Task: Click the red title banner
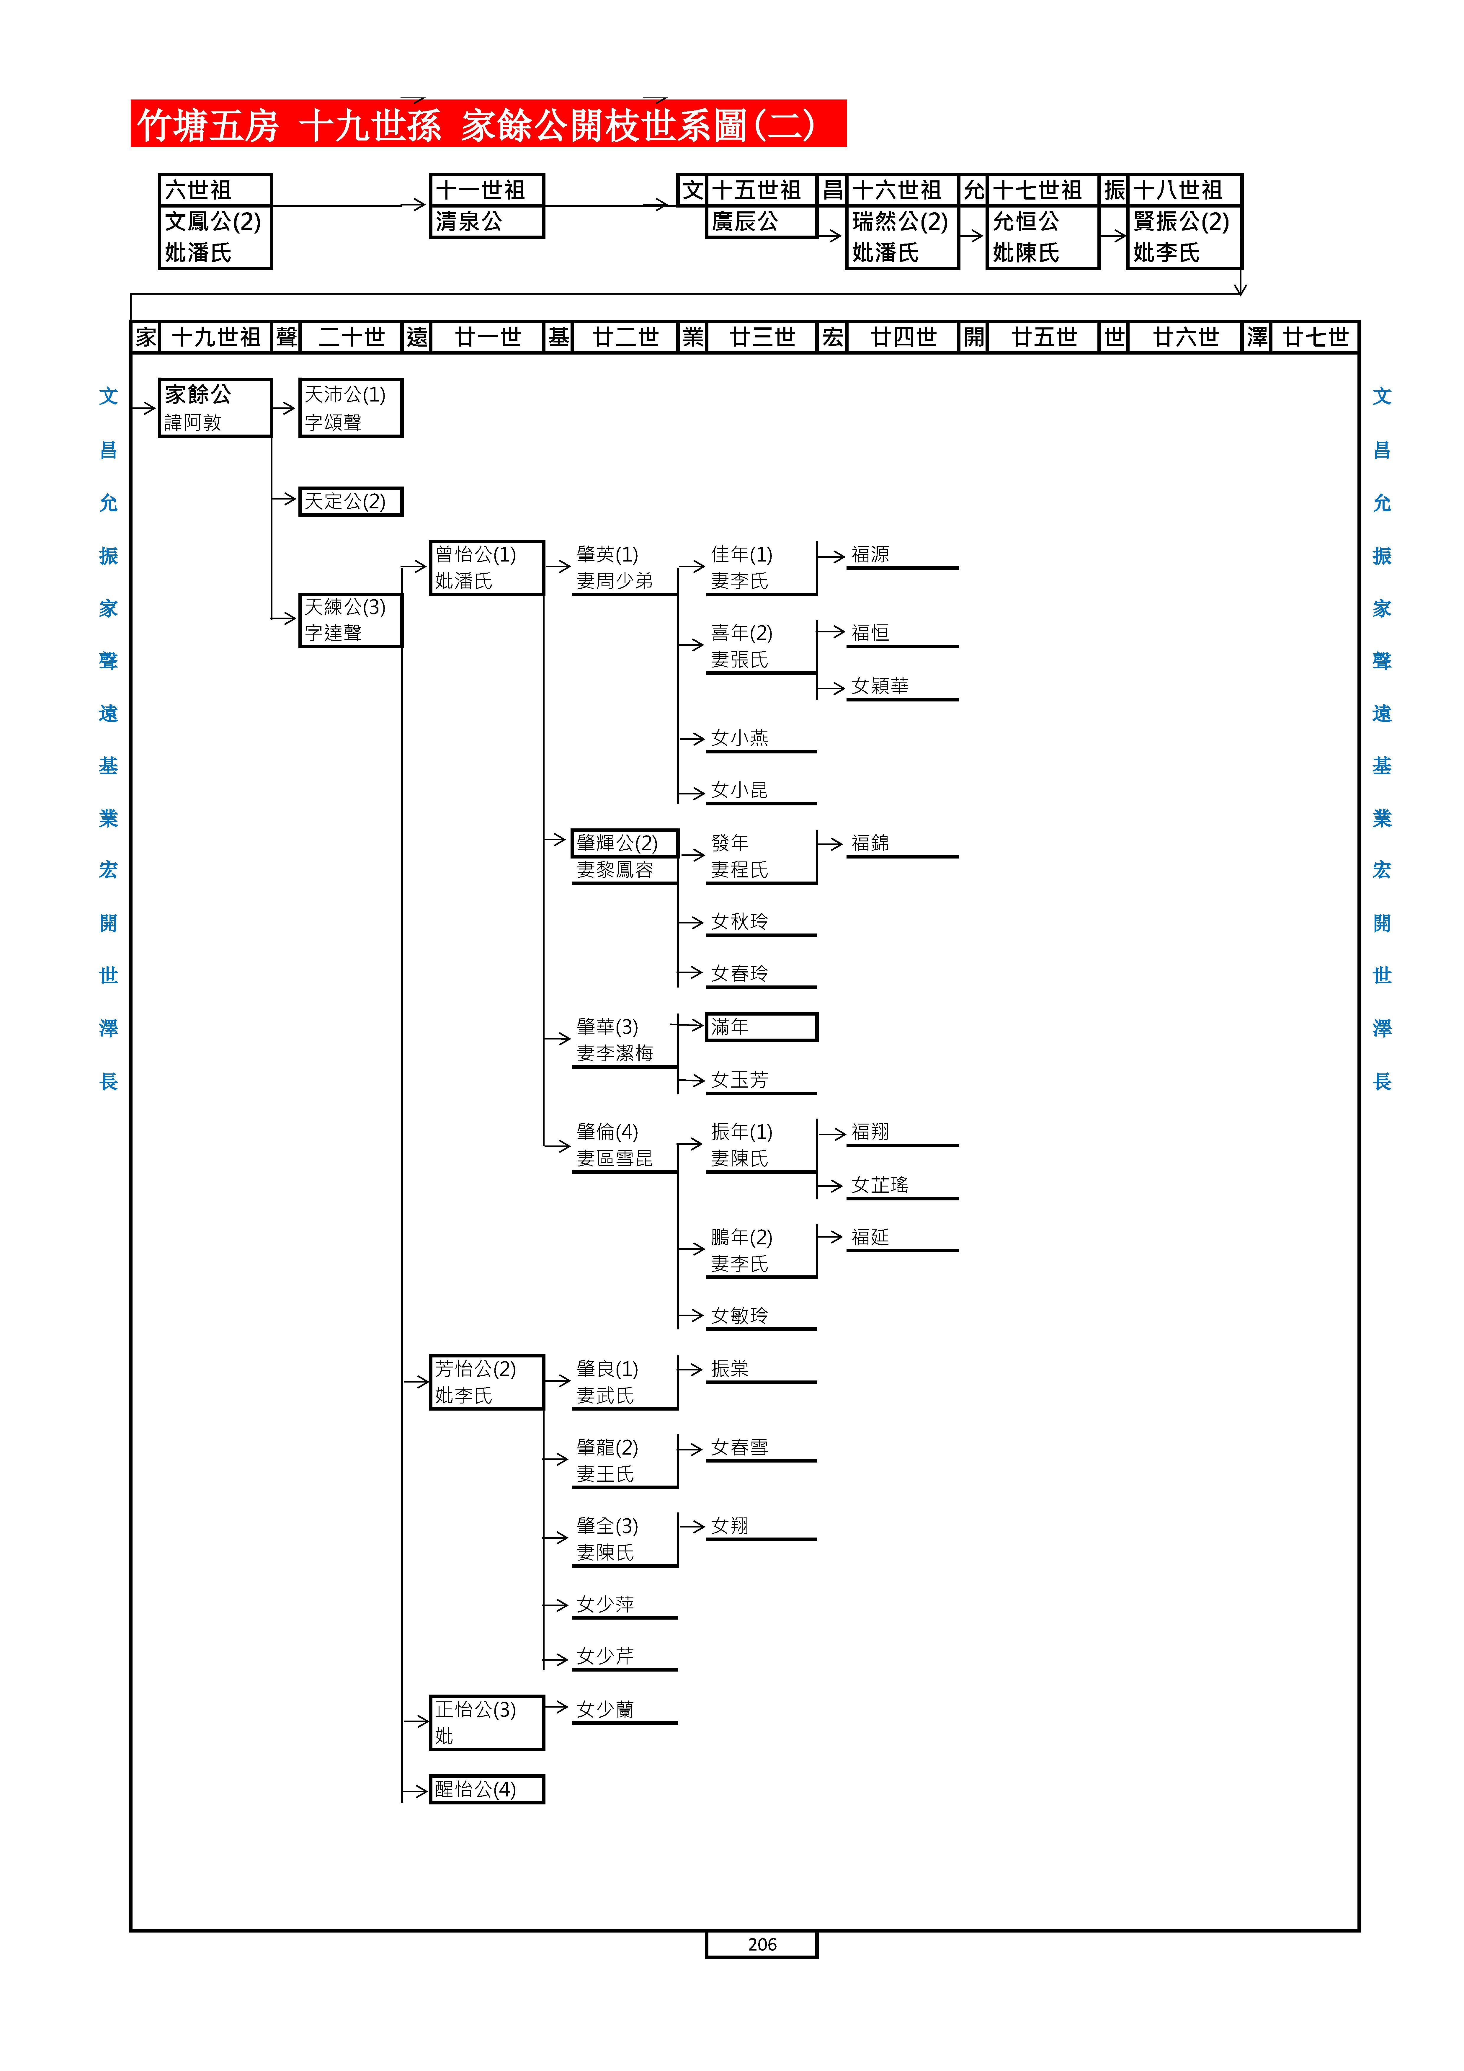click(x=488, y=124)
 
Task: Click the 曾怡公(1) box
click(x=486, y=567)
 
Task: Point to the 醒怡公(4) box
click(x=486, y=1789)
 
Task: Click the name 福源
click(x=870, y=555)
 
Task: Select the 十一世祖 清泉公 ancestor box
click(x=486, y=206)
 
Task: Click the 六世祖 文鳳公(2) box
click(x=215, y=221)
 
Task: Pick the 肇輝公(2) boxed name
click(x=624, y=843)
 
